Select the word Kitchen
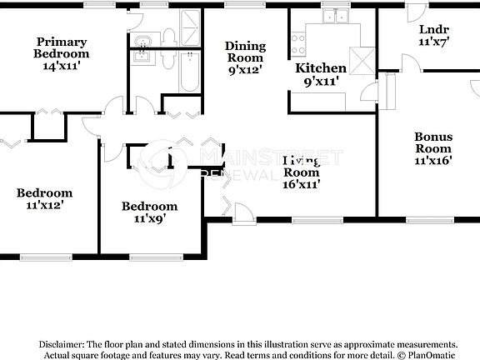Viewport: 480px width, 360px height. [x=322, y=68]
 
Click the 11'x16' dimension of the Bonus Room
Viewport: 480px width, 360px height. [x=433, y=161]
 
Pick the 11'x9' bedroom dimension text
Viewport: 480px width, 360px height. [x=149, y=219]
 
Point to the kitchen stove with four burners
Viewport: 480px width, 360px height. [x=298, y=43]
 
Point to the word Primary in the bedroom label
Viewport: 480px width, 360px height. [x=62, y=42]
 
